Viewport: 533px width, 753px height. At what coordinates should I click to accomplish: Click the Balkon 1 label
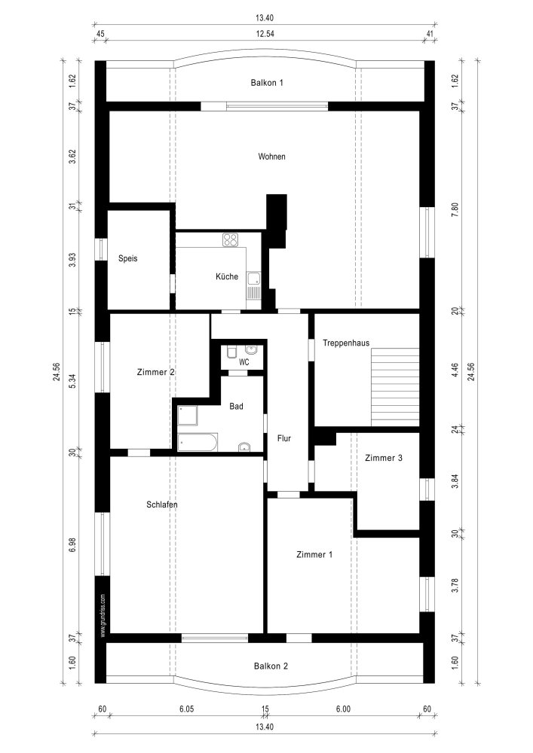point(267,83)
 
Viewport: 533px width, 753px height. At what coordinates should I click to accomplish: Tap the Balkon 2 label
point(271,666)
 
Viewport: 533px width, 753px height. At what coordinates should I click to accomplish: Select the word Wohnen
point(271,157)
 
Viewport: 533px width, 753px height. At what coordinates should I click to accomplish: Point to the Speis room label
point(128,258)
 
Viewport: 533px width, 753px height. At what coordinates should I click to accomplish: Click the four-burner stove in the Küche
point(231,240)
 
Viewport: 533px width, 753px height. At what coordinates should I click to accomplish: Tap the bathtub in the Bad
point(198,442)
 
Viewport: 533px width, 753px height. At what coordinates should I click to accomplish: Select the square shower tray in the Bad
point(188,415)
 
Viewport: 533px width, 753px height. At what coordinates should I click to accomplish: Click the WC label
point(244,362)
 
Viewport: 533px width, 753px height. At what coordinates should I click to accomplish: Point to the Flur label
point(284,437)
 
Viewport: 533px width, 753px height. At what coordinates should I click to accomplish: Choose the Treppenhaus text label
point(346,343)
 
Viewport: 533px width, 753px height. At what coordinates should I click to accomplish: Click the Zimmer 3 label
point(383,458)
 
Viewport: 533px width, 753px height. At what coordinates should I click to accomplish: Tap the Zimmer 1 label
point(314,554)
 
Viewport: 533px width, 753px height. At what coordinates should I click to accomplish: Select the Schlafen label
point(162,505)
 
